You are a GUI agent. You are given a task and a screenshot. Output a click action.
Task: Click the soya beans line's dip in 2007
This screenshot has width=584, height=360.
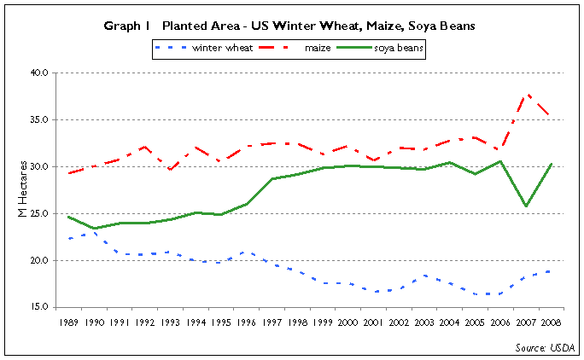527,206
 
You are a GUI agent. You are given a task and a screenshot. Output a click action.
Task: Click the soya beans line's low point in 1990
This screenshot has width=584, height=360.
94,229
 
